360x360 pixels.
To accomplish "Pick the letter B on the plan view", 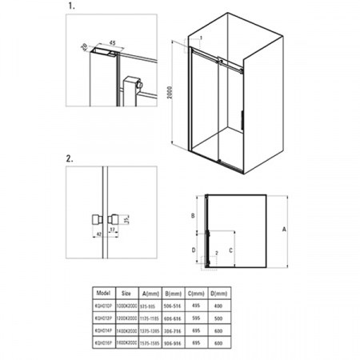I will point(193,216).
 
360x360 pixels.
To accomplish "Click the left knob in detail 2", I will point(95,218).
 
